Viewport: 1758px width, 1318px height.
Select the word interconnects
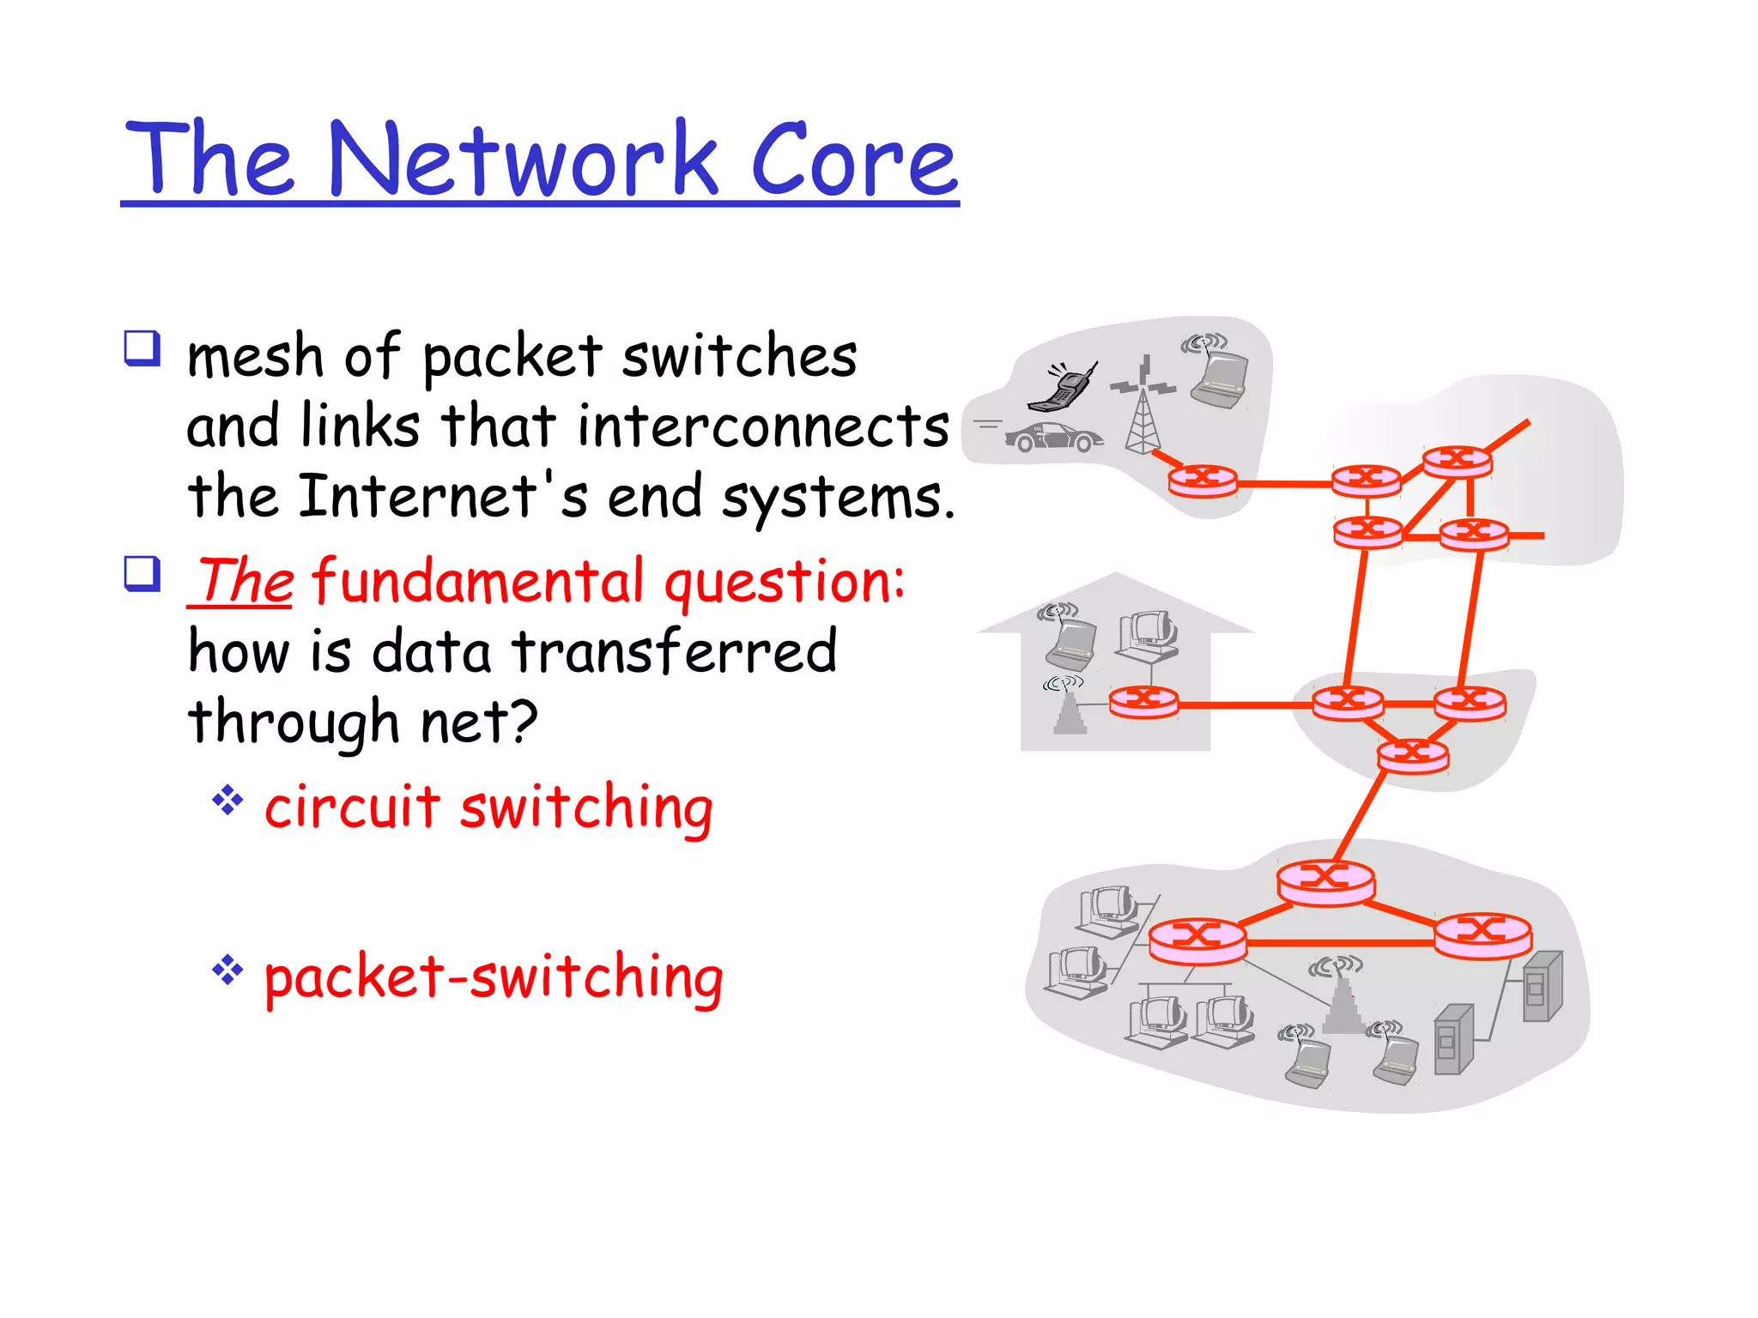pos(763,426)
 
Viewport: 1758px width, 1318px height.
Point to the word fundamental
pos(477,582)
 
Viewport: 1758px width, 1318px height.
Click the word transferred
pos(674,651)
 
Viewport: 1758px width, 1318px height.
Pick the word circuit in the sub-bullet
pos(352,807)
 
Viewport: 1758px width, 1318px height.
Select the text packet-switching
pos(494,977)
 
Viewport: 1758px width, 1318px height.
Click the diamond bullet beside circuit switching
pos(227,801)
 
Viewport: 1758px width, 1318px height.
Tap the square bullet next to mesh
pos(142,348)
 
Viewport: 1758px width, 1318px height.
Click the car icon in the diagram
pos(1053,438)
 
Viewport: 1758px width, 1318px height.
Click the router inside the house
pos(1143,702)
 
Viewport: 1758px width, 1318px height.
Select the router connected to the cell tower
pos(1203,480)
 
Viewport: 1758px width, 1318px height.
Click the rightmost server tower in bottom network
pos(1543,987)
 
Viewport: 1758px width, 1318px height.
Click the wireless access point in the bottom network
pos(1342,1000)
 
